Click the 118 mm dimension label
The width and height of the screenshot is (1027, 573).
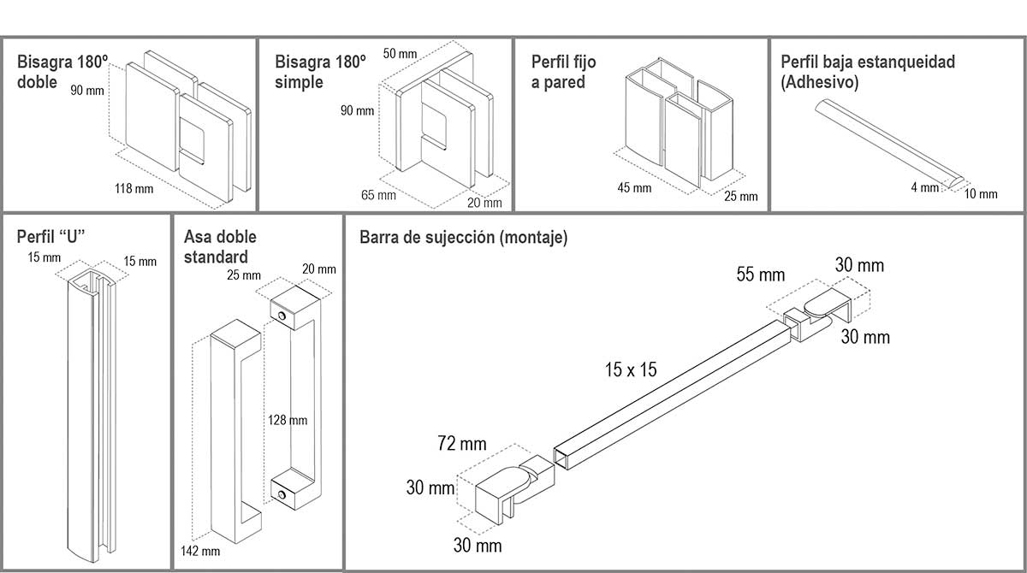[134, 188]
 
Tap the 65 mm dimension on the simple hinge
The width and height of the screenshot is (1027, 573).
[378, 195]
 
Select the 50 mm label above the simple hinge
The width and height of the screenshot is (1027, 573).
[400, 55]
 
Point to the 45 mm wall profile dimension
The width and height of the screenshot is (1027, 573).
[633, 188]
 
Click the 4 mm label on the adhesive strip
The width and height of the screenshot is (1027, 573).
[924, 187]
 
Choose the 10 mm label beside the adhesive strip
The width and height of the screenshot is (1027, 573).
[981, 194]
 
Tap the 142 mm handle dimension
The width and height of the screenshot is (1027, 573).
[200, 551]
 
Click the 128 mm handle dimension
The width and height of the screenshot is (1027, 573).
[287, 420]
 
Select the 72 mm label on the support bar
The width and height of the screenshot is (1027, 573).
[461, 444]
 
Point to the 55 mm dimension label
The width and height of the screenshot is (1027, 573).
[761, 275]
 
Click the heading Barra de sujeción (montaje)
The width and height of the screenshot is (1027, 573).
[463, 238]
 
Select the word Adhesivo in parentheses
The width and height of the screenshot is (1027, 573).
[820, 82]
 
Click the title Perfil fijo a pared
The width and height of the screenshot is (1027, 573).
[563, 72]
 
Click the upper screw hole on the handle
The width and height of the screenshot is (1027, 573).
[281, 316]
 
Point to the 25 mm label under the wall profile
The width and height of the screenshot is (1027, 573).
[740, 197]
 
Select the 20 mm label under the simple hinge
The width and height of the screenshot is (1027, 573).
[485, 203]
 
